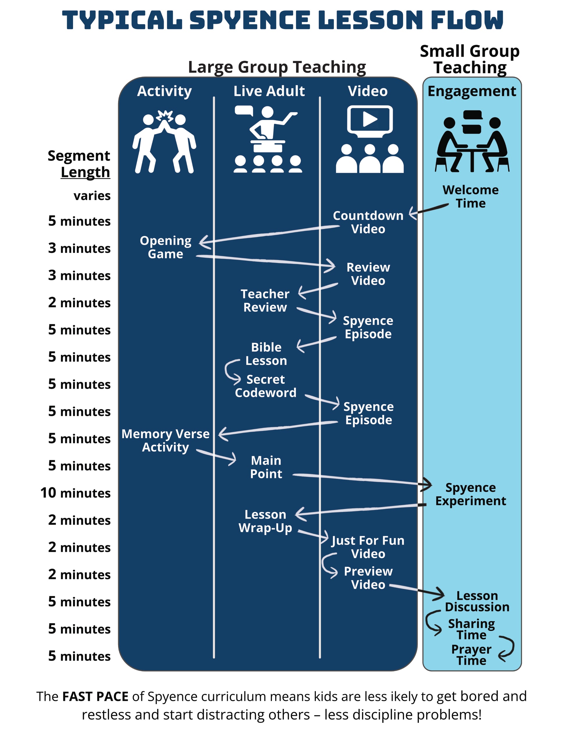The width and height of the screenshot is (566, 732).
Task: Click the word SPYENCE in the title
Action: [250, 20]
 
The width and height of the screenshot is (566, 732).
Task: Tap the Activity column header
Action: [164, 91]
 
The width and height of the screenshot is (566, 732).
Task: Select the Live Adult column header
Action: [269, 91]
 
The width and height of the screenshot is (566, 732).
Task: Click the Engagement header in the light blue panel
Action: [472, 91]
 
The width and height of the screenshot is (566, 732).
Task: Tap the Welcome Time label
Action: [470, 197]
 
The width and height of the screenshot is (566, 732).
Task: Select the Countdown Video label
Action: [368, 222]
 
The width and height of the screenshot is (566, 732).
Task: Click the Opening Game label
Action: [166, 247]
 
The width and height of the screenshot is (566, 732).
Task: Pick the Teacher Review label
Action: [265, 301]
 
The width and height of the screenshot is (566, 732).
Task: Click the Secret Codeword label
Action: [266, 386]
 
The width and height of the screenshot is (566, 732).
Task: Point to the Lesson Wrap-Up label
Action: [265, 521]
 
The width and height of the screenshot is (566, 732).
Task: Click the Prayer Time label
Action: [471, 655]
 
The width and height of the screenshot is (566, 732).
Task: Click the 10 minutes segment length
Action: [75, 493]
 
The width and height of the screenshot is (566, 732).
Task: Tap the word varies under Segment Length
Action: [92, 195]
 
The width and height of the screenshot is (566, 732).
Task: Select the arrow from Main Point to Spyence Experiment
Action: [362, 480]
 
